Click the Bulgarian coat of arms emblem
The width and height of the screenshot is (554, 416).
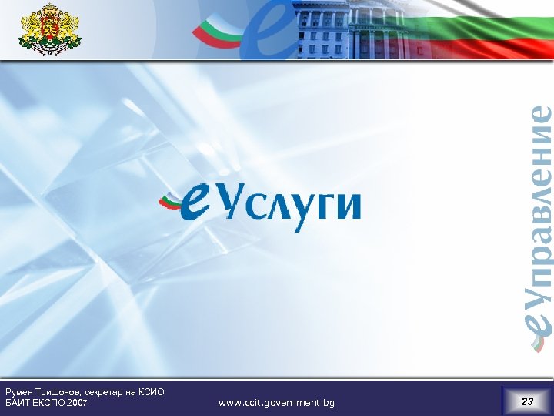click(49, 29)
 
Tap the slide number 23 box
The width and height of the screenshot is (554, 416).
click(526, 401)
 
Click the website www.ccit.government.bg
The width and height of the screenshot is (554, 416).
click(276, 403)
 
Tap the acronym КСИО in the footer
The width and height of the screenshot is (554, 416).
click(152, 392)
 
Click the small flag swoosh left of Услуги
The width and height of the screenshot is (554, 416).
click(171, 202)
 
